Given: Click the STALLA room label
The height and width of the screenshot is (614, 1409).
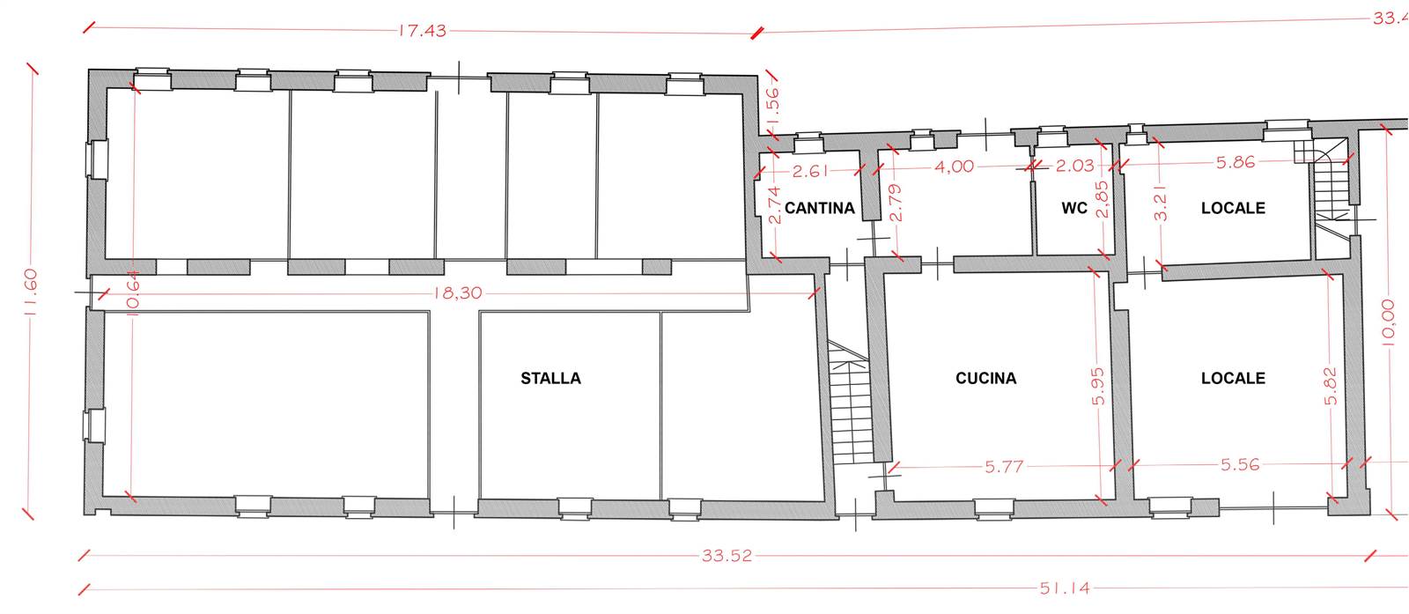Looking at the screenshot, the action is point(551,378).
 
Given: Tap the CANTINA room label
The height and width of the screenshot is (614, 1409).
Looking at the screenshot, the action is point(820,208).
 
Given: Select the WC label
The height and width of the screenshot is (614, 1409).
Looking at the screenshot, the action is point(1074,208).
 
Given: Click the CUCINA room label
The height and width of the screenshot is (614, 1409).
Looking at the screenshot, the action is point(985,378).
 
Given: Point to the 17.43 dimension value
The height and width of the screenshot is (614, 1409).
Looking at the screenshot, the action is point(423,31).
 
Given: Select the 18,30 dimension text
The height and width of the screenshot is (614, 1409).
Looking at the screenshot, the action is point(458,293).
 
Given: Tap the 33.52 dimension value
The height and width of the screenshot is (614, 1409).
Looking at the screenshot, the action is point(727,556).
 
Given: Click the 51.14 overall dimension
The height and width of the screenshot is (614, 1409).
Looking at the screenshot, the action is point(1065,588).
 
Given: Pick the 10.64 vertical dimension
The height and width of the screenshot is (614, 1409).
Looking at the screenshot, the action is point(132,293).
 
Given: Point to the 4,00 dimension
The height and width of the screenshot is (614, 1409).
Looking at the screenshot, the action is point(955,166).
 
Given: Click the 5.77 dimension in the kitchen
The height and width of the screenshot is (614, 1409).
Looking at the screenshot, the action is point(1005,467).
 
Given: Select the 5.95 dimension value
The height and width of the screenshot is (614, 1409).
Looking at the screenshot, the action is point(1098,387).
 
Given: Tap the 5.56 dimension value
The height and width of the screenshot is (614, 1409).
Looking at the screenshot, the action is point(1241,465).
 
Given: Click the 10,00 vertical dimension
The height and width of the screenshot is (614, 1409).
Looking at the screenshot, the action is point(1388,322).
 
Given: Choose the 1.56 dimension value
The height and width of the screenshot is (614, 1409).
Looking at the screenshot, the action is point(773,105).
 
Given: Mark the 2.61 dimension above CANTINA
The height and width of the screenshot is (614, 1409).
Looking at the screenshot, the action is point(810,171).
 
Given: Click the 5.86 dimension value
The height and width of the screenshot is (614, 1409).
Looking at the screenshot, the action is point(1236,162).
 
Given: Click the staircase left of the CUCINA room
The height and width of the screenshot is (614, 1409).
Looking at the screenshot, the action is point(851,403).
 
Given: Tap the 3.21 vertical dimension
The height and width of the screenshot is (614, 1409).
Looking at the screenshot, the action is point(1161,203).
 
